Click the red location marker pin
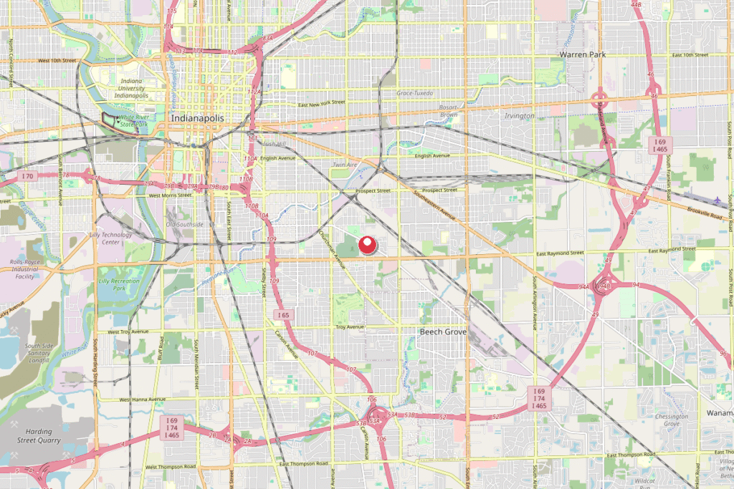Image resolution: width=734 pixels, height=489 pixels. click(x=368, y=245)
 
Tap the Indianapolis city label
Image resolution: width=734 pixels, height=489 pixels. click(x=197, y=117)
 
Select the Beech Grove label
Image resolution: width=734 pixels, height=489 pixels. click(x=443, y=332)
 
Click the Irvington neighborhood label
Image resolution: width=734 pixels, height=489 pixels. click(x=520, y=116)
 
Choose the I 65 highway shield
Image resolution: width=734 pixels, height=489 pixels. click(x=285, y=315)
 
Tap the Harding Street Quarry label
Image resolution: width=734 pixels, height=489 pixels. click(x=29, y=435)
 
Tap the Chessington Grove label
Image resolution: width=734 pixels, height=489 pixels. click(x=671, y=420)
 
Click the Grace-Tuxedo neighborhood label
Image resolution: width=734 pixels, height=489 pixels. click(x=416, y=93)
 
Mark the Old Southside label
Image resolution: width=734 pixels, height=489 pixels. click(x=186, y=225)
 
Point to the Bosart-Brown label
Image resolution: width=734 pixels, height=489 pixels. click(x=448, y=111)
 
